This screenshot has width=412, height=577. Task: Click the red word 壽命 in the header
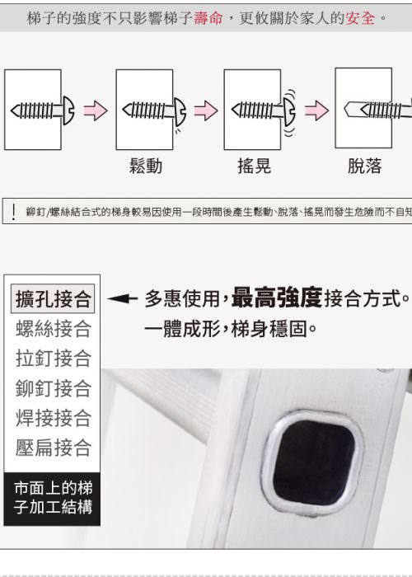point(208,17)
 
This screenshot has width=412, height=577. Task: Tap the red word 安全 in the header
point(360,17)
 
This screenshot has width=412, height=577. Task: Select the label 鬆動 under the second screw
point(146,166)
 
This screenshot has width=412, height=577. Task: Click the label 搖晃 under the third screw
point(254,166)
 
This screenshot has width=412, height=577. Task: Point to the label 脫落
point(364,166)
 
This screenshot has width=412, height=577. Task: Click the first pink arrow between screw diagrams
point(96,110)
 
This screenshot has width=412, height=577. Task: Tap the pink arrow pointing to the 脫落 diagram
point(316,110)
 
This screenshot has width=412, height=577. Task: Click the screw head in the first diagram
point(68,110)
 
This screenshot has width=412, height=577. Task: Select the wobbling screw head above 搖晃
point(289,110)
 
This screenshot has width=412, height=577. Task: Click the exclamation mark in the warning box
point(14,212)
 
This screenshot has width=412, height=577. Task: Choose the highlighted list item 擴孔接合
point(53,298)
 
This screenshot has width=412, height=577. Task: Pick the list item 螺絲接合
point(53,329)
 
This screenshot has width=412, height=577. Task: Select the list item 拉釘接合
point(53,359)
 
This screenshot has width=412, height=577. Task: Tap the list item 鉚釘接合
point(53,388)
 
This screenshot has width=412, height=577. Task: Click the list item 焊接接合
point(53,418)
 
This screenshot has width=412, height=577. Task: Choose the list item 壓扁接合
point(53,448)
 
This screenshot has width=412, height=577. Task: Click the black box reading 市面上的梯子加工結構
point(52,499)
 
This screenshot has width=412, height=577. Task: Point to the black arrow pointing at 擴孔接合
point(122,298)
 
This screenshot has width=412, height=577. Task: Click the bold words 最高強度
point(277,298)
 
